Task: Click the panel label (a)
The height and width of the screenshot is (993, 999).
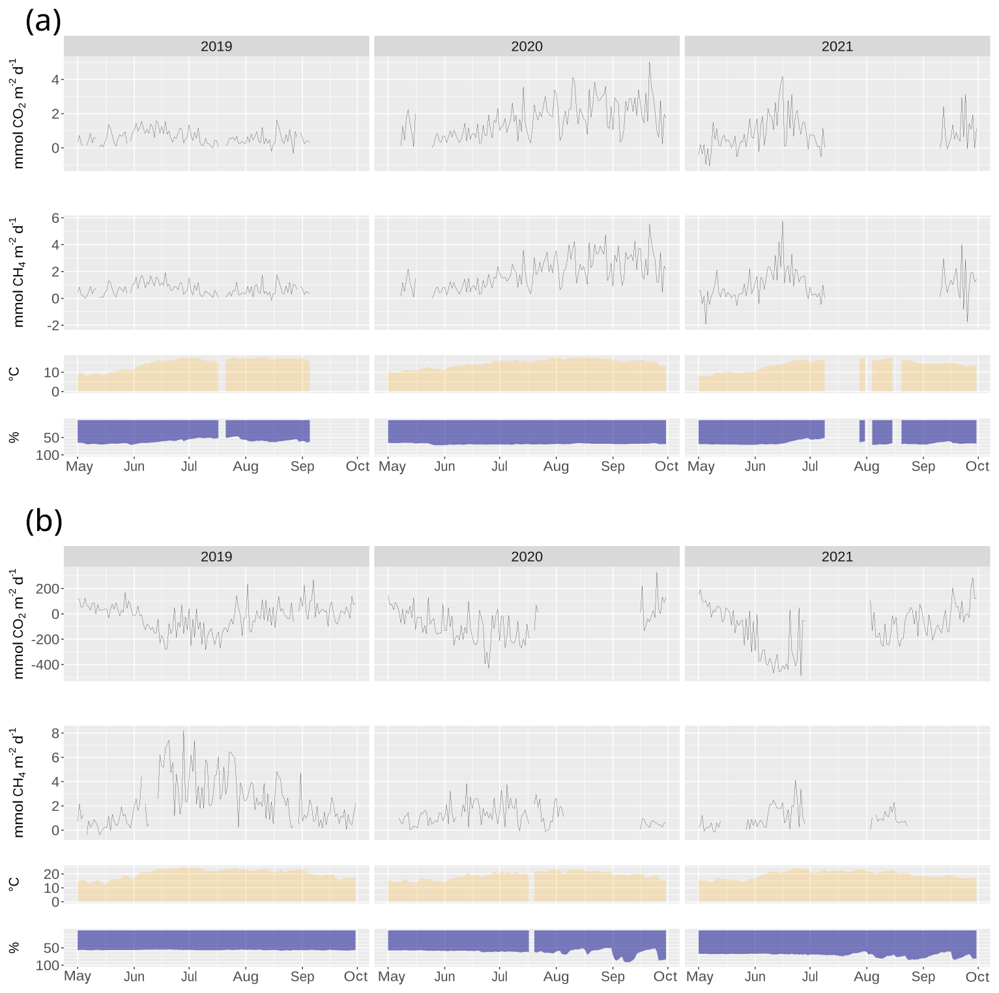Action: tap(43, 22)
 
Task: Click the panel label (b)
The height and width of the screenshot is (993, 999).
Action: tap(44, 521)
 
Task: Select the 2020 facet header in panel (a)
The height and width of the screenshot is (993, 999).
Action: tap(527, 46)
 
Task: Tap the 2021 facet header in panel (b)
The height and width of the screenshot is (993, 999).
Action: tap(837, 556)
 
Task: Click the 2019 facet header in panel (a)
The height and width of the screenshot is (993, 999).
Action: tap(216, 46)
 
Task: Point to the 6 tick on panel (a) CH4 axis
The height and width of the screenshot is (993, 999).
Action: tap(55, 218)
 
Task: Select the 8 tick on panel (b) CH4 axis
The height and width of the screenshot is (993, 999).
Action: tap(55, 733)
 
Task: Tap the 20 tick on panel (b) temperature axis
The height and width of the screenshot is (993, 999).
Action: tap(51, 874)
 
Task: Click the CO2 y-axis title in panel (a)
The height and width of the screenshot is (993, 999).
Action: tap(18, 113)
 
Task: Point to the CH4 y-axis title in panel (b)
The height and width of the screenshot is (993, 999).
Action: tap(18, 782)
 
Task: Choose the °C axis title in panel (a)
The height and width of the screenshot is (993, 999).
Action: tap(14, 373)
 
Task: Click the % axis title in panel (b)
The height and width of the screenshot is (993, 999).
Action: tap(14, 947)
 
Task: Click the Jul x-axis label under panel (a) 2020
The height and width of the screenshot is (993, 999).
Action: tap(499, 467)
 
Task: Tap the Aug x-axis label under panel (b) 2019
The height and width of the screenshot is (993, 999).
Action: tap(245, 976)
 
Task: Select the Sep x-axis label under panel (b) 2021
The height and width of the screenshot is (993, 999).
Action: tap(923, 976)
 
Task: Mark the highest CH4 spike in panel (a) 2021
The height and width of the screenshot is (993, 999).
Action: tap(783, 222)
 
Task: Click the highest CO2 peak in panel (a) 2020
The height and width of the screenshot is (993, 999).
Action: tap(649, 63)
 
